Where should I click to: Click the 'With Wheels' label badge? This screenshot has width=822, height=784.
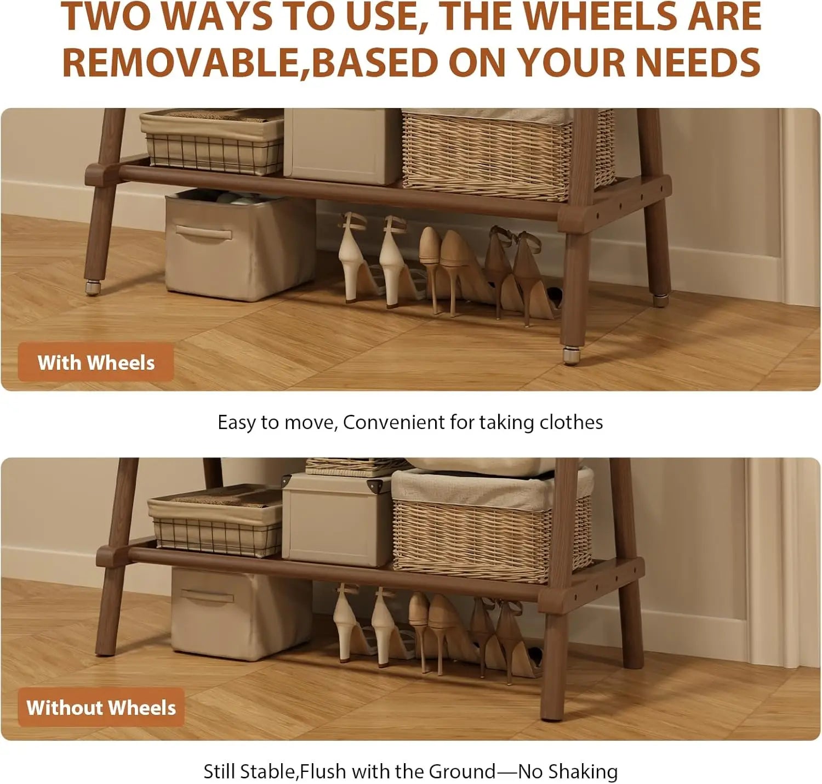point(96,363)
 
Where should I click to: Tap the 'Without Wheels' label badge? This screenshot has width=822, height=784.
point(101,707)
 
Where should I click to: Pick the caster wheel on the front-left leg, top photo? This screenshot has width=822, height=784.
point(93,287)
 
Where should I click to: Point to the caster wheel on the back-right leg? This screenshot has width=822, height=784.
point(661,300)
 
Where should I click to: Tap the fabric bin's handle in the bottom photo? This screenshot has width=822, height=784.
point(207,595)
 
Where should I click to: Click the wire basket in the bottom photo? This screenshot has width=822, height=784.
point(216,521)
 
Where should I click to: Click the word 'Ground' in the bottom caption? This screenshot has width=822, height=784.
point(462,771)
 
